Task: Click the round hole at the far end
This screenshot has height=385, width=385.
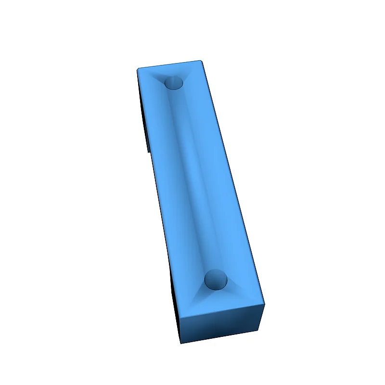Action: (x=174, y=83)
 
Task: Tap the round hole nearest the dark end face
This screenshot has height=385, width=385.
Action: (x=216, y=279)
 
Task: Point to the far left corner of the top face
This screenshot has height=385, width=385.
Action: (x=138, y=69)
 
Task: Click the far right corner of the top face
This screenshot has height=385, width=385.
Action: (x=201, y=61)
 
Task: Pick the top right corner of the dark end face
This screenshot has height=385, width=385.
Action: (x=264, y=305)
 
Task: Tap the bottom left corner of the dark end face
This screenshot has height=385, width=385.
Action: (x=181, y=343)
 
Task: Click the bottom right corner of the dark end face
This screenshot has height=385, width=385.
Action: (x=260, y=329)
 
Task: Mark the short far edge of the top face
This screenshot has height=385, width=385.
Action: (x=169, y=64)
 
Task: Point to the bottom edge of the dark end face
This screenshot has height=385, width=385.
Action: (x=220, y=336)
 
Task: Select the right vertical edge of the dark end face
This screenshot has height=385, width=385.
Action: (x=262, y=317)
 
